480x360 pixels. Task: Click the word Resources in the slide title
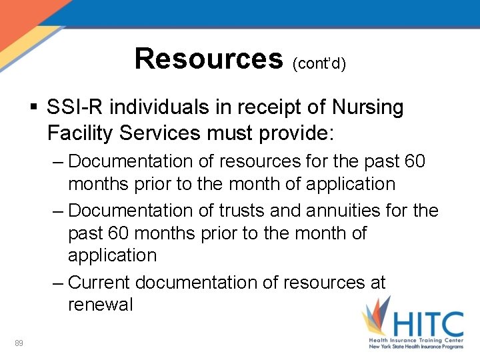(x=209, y=59)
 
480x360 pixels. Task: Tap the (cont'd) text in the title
(x=319, y=63)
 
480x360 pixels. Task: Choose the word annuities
(x=346, y=211)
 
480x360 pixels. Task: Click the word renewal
(x=101, y=305)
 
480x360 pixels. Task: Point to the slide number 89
(x=19, y=343)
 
